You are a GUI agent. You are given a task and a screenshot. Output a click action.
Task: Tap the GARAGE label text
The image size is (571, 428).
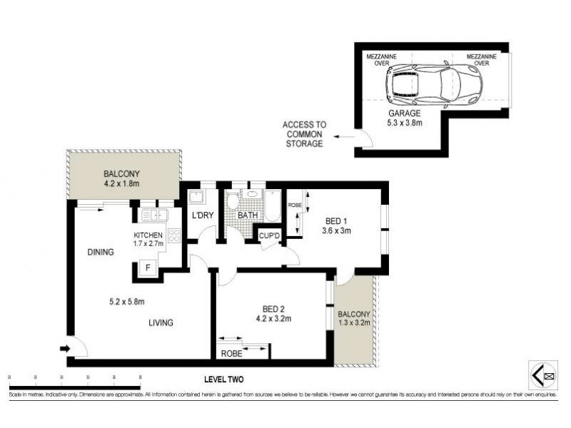coord(404,113)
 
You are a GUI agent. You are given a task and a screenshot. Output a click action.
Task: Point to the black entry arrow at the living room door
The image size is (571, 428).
coord(64,349)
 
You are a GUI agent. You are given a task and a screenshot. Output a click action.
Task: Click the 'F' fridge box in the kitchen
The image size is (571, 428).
coord(148,268)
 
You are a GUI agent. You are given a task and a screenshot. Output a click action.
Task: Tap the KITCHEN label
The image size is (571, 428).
coord(148,235)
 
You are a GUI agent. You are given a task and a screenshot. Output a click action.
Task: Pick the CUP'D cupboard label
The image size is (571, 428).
coord(268,235)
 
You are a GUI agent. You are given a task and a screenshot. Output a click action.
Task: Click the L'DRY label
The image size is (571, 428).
coord(199,215)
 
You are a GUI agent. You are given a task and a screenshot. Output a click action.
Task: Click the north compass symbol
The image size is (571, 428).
coord(545,372)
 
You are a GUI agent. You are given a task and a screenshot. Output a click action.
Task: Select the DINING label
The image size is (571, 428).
coord(101,252)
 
